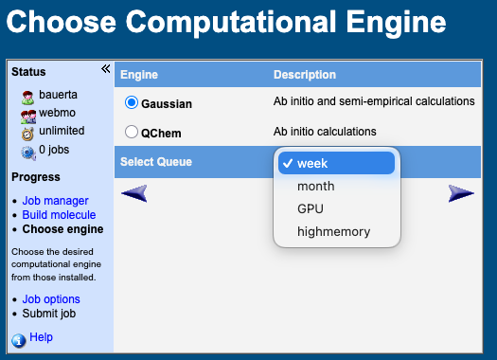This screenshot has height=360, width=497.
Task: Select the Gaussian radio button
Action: point(132,102)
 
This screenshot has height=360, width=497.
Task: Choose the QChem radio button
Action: point(132,133)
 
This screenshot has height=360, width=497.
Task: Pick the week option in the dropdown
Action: point(312,163)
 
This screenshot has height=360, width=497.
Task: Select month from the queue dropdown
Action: point(315,186)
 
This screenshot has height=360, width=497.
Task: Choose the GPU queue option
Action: point(311,208)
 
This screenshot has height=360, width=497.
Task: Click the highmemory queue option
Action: point(333,231)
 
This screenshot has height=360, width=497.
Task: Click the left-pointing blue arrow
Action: point(135,193)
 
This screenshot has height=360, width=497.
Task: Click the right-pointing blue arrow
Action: point(461,193)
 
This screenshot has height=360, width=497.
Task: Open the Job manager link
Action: point(55,201)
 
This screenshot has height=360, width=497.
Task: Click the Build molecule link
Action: point(59,215)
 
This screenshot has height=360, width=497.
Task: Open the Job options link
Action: point(51,299)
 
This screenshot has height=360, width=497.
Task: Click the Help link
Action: point(41,337)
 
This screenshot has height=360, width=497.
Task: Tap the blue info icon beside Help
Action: point(19,339)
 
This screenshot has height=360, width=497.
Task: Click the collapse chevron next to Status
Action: point(105,69)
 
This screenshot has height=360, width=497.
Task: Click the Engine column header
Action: point(139,75)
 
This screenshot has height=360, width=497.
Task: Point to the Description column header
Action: point(305,75)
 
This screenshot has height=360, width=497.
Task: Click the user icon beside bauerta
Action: point(27,96)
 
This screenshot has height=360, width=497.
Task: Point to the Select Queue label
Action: point(156,162)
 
